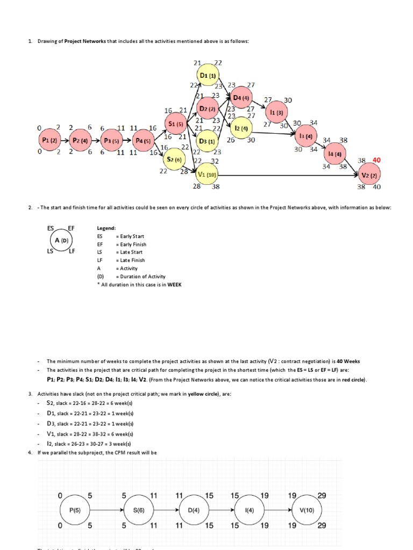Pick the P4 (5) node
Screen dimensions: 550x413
point(144,141)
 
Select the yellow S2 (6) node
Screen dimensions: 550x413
point(176,160)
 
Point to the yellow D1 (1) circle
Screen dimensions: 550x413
point(208,76)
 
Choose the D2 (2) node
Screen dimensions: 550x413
point(208,108)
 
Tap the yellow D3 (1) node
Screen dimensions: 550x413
point(208,141)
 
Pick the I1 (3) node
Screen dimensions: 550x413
point(276,112)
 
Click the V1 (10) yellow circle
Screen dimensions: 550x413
point(208,175)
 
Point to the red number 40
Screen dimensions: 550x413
point(377,160)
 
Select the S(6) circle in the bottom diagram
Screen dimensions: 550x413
point(139,510)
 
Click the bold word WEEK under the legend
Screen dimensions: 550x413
point(174,284)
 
